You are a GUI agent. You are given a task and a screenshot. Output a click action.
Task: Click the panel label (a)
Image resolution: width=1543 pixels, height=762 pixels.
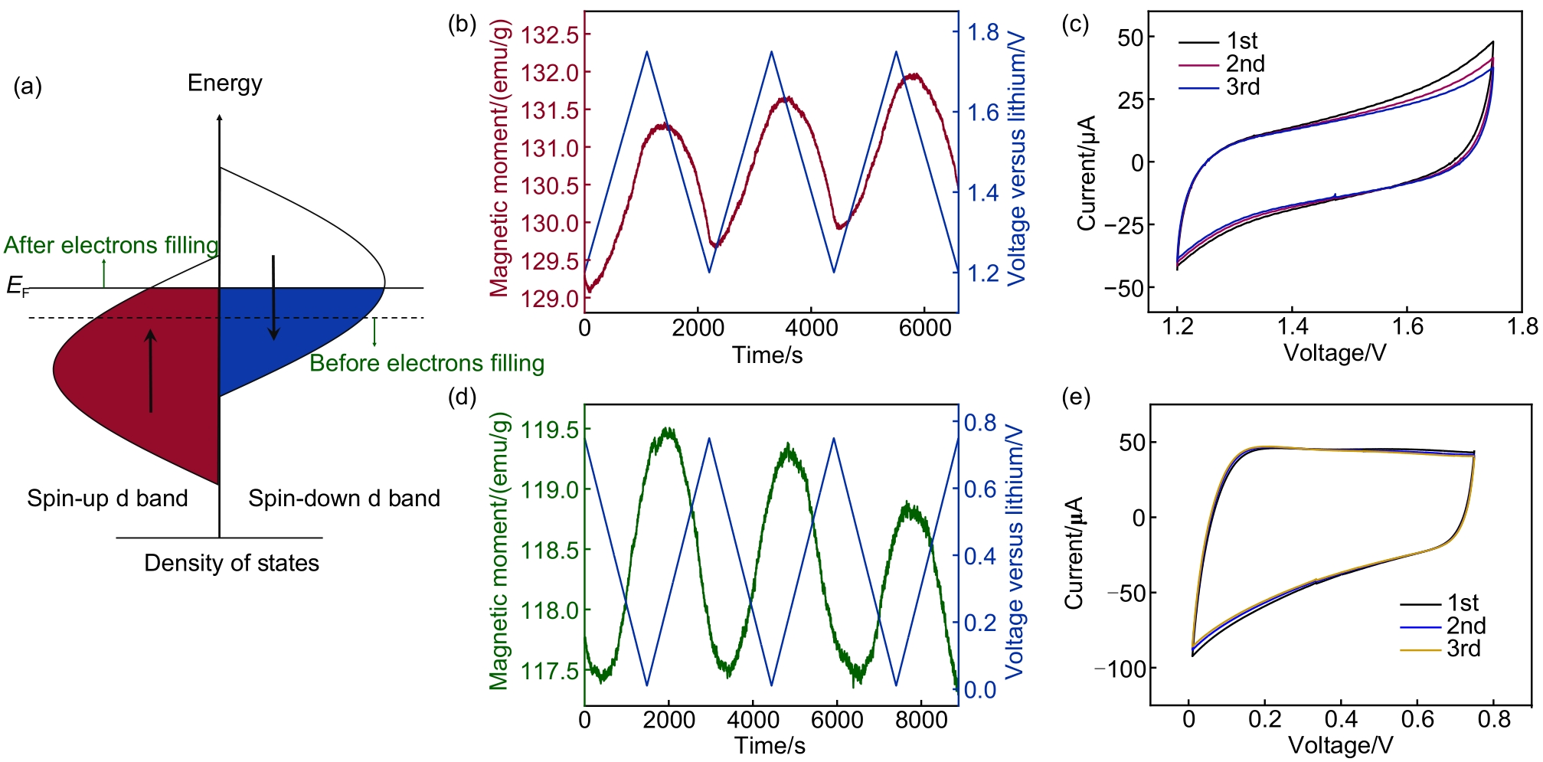(28, 87)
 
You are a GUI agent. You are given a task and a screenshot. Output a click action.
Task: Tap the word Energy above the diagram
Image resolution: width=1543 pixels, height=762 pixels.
(224, 83)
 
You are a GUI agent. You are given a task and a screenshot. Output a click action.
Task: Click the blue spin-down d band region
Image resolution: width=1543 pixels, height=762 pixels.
(291, 329)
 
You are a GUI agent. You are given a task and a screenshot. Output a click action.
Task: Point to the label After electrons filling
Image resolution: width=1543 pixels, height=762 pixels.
(111, 245)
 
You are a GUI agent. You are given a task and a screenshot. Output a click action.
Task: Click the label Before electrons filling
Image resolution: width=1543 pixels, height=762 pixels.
(427, 363)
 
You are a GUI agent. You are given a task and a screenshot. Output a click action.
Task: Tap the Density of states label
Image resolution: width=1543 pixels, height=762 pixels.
(231, 563)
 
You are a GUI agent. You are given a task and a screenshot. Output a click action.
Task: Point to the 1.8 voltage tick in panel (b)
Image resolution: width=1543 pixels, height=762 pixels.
(983, 32)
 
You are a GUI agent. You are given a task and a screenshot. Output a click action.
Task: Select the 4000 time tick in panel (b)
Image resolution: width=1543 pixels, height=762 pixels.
(811, 328)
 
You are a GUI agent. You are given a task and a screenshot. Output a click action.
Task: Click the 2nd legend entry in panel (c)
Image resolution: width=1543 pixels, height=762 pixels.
(1245, 64)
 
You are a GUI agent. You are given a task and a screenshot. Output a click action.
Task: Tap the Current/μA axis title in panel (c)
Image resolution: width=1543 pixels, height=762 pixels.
(1087, 173)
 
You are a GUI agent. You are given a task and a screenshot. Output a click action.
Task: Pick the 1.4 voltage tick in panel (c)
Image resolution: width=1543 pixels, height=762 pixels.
(1292, 327)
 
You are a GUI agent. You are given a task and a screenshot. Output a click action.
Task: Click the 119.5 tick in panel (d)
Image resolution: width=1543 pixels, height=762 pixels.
(550, 430)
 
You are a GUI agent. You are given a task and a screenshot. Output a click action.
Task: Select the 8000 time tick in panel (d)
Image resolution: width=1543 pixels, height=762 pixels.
(920, 720)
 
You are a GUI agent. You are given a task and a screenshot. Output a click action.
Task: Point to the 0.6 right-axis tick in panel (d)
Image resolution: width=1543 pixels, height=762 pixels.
(979, 489)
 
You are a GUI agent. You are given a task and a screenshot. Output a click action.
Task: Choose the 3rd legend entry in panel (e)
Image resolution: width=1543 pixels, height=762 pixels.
(1463, 649)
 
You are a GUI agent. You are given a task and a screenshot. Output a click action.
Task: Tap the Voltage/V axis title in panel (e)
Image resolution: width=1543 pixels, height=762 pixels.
(1340, 745)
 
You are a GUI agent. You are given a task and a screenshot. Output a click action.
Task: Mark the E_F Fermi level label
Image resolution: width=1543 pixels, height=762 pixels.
(18, 286)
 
